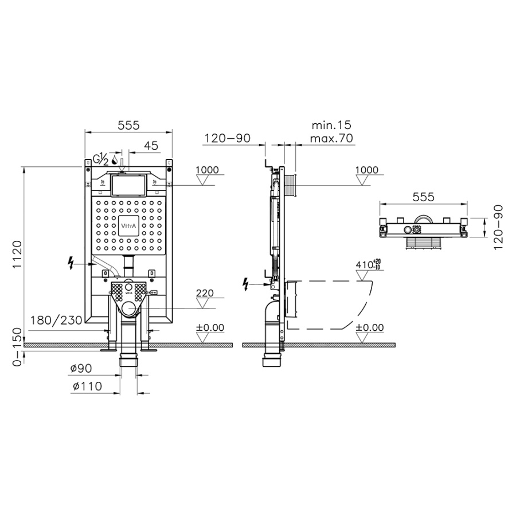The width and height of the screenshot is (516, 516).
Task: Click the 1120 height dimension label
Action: point(17,255)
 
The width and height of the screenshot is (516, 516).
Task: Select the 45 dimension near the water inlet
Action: point(151,146)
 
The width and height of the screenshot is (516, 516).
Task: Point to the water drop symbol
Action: point(115,159)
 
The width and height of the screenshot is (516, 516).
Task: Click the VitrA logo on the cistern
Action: point(128,226)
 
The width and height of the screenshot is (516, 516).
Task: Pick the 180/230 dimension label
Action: point(56,320)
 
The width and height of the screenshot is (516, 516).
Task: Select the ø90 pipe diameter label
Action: point(81,369)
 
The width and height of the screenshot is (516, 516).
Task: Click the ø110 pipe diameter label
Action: point(87,386)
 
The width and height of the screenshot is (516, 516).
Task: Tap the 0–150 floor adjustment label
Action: point(17,347)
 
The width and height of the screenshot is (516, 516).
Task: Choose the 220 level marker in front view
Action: point(205,293)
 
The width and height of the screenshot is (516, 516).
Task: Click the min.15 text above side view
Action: point(331,125)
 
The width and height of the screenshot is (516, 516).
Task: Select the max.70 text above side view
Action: point(331,138)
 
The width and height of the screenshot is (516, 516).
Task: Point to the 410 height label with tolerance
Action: point(368,264)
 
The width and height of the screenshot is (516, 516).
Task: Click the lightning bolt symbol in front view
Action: point(71,264)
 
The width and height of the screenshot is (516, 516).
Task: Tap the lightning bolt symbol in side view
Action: point(245,284)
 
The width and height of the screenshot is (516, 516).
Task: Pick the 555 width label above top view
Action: point(424,197)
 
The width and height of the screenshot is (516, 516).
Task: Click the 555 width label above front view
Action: point(128,125)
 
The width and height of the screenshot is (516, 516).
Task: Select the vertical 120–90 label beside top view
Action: point(498,227)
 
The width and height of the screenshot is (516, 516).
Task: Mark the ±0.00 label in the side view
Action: point(370,327)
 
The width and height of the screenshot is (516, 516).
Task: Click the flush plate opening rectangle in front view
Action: point(128,185)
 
